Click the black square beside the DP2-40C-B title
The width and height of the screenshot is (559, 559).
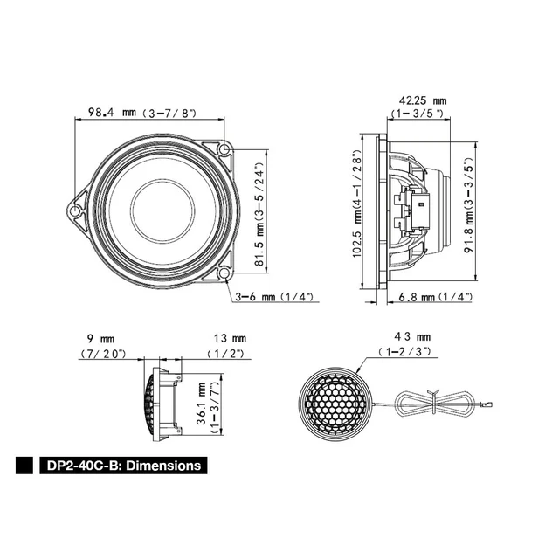pos(25,466)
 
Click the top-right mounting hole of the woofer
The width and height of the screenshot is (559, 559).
pos(224,149)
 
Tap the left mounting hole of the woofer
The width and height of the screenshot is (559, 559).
pos(76,210)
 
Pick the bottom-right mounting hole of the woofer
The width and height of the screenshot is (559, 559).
pos(224,273)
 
